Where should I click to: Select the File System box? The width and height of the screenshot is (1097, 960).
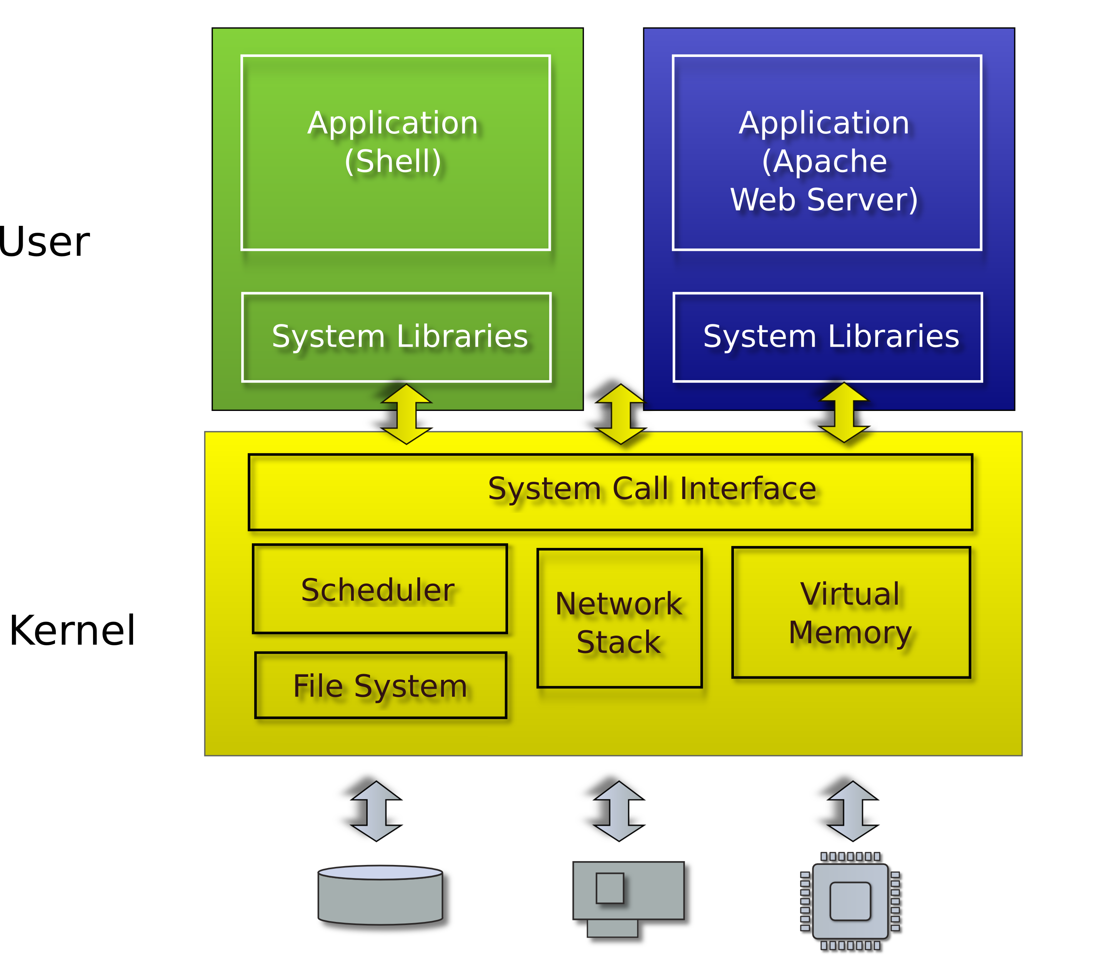tap(380, 685)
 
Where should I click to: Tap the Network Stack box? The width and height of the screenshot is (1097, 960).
tap(619, 618)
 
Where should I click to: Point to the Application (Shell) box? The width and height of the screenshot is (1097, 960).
tap(395, 153)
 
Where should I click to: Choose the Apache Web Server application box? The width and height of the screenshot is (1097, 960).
tap(827, 153)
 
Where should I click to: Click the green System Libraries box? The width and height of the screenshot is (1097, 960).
tap(397, 337)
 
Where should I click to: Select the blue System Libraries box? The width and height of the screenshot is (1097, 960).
tap(828, 337)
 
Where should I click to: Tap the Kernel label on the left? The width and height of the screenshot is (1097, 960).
tap(72, 631)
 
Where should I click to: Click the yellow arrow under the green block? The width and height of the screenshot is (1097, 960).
tap(407, 414)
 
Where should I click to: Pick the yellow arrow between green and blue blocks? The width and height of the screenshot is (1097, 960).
tap(621, 414)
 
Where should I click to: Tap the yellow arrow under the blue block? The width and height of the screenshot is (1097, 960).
tap(844, 412)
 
